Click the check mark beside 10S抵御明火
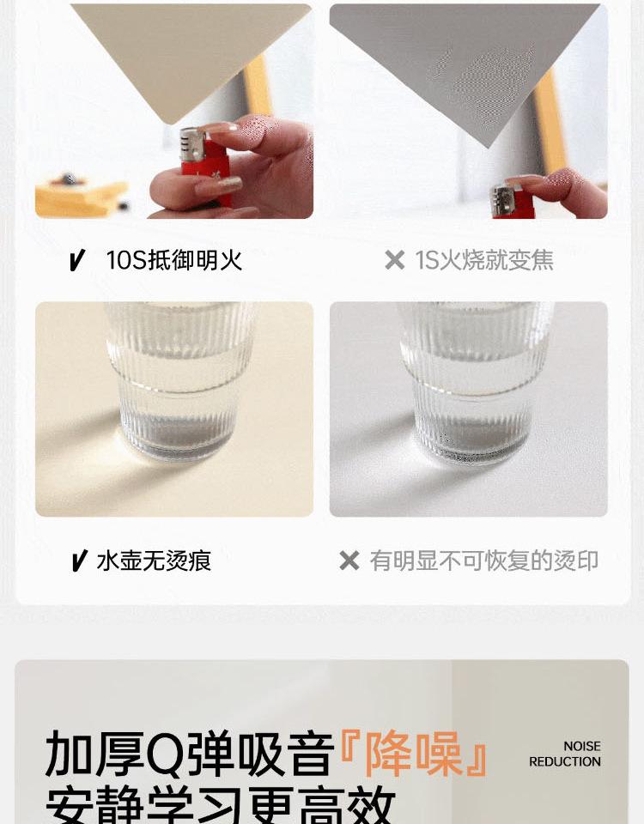pyautogui.click(x=77, y=260)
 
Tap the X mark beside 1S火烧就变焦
pyautogui.click(x=395, y=260)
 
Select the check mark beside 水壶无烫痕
pyautogui.click(x=79, y=560)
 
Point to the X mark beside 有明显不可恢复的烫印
pyautogui.click(x=349, y=560)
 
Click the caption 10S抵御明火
pyautogui.click(x=174, y=260)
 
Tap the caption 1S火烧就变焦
pyautogui.click(x=484, y=260)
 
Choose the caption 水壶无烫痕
pyautogui.click(x=154, y=560)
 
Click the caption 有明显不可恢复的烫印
pyautogui.click(x=484, y=560)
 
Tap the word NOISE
pyautogui.click(x=582, y=746)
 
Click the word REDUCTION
pyautogui.click(x=565, y=761)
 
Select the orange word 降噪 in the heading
pyautogui.click(x=414, y=754)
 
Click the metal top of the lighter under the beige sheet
pyautogui.click(x=192, y=143)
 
